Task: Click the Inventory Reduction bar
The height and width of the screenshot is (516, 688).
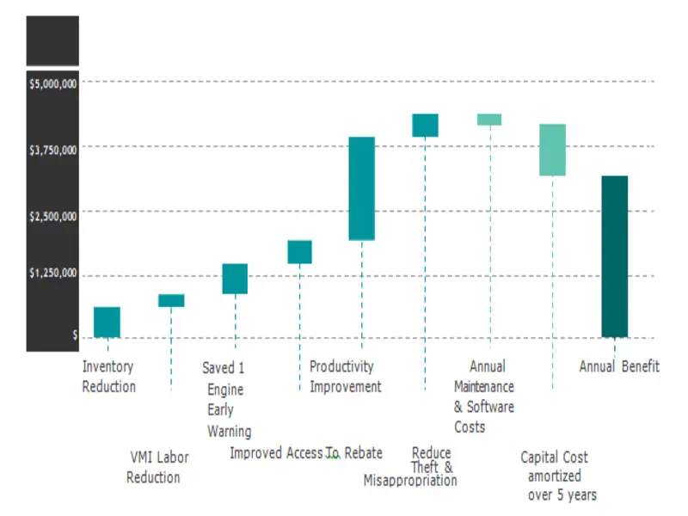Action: [107, 322]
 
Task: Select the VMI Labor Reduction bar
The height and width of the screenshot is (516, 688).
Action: [171, 300]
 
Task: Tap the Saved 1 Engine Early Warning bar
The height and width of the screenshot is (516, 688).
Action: [235, 279]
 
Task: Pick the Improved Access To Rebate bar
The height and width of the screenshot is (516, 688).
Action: [299, 251]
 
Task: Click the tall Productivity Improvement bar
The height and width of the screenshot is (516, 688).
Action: [361, 188]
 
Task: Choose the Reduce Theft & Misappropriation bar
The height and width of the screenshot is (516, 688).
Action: [425, 126]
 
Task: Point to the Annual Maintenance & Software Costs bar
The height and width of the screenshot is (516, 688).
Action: [489, 120]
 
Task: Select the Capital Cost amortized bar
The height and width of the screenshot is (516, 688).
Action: [552, 150]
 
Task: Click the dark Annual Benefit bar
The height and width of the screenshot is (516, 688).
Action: [614, 256]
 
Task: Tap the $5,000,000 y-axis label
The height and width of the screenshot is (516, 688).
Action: [53, 84]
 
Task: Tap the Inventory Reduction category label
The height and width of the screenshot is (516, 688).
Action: [108, 377]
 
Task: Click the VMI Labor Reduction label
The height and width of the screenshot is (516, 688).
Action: [157, 467]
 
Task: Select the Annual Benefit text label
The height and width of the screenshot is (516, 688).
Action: [619, 367]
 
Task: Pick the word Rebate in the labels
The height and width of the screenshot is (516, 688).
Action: [363, 453]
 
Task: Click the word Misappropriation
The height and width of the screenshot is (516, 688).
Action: [410, 480]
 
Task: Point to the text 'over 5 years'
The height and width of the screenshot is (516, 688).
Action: [562, 494]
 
